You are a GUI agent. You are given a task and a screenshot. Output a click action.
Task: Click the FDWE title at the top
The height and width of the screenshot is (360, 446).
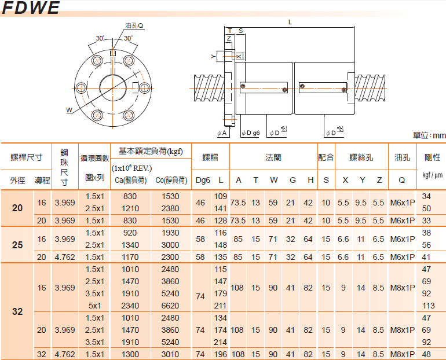click(31, 8)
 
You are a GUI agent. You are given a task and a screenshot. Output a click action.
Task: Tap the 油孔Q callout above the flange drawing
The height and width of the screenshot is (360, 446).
click(134, 26)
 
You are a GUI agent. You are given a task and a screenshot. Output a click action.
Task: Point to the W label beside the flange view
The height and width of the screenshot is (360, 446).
click(69, 110)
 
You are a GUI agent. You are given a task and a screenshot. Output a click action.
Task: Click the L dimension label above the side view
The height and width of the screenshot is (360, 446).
click(290, 22)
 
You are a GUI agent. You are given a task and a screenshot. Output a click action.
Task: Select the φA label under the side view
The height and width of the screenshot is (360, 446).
click(222, 133)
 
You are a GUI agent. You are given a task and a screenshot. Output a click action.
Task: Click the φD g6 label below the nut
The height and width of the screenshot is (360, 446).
click(251, 133)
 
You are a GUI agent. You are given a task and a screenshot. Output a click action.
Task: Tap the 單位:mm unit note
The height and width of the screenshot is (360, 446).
click(430, 135)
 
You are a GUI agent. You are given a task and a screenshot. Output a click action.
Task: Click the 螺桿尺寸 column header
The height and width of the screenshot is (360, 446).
click(27, 157)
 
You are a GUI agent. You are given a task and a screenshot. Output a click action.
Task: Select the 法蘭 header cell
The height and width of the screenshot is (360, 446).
click(273, 157)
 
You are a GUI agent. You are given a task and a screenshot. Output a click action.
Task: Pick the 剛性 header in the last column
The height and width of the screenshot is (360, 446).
click(432, 157)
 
